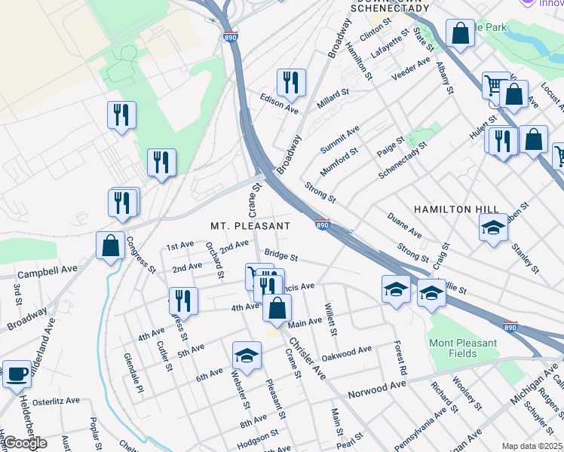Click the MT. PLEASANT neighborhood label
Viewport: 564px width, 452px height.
point(250,225)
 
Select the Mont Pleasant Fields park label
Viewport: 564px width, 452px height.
point(463,347)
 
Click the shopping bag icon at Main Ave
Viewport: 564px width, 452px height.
point(277,307)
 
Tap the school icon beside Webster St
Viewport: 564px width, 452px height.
point(247,356)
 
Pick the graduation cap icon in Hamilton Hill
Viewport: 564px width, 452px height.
point(493,227)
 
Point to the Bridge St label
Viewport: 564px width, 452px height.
point(280,257)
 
